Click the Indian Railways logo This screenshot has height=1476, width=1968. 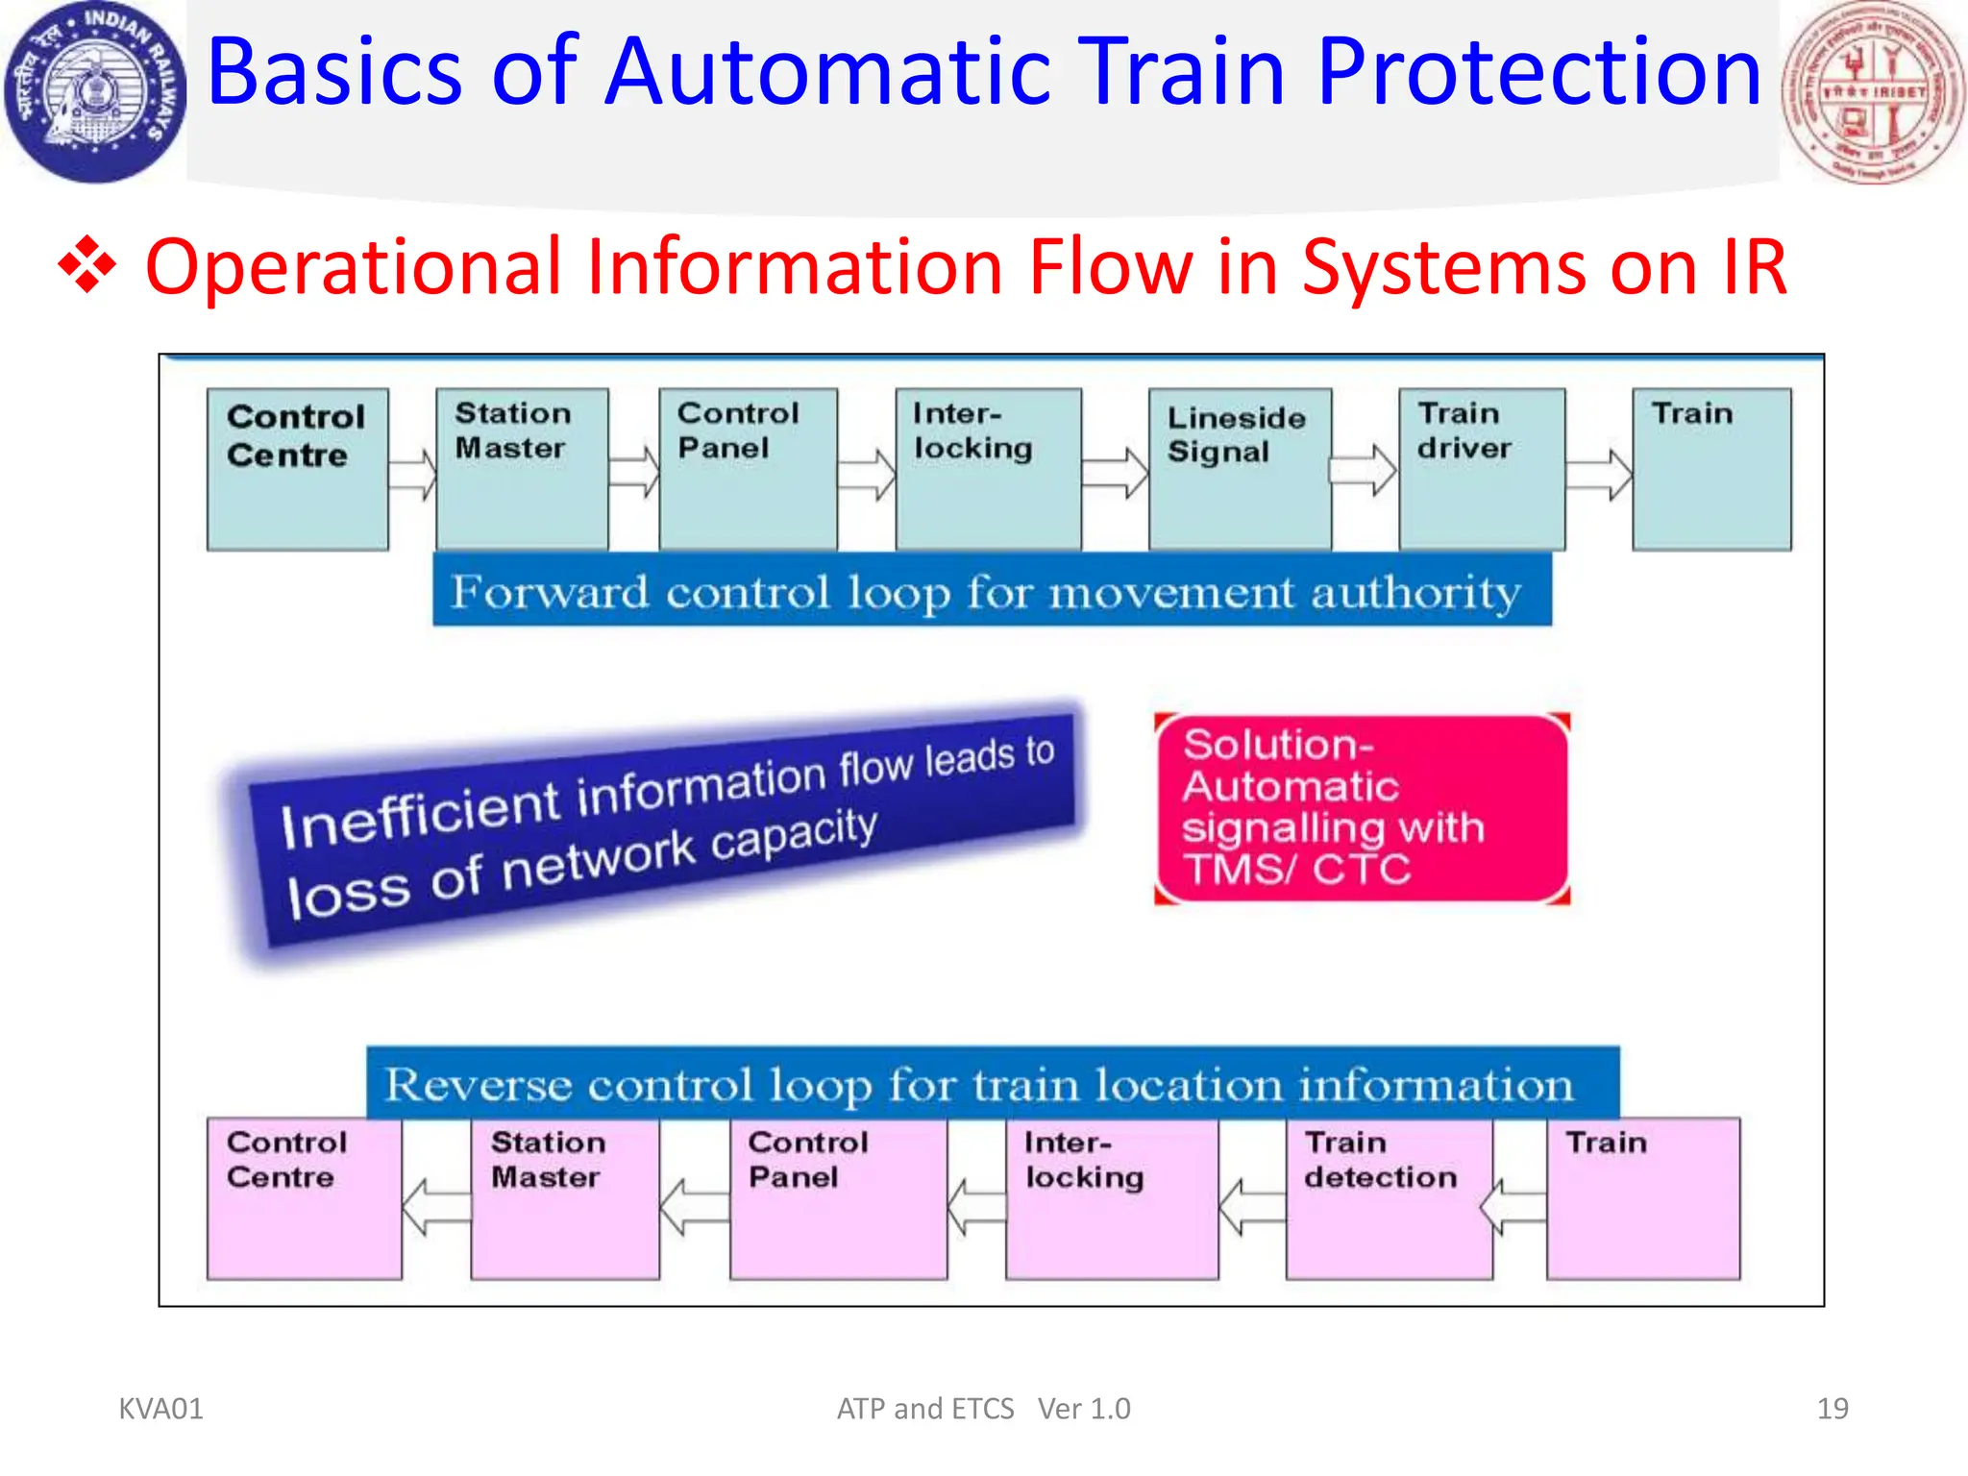click(x=94, y=92)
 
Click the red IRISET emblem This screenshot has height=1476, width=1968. click(x=1872, y=92)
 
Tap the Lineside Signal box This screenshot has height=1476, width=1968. click(x=1240, y=469)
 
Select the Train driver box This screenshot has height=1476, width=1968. click(x=1481, y=469)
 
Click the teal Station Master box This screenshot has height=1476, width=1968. click(x=522, y=469)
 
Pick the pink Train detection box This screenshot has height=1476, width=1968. click(x=1389, y=1197)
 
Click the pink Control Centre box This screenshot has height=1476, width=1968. click(x=304, y=1197)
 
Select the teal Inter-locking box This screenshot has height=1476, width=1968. click(x=988, y=469)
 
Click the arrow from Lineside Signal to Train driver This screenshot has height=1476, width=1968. click(x=1365, y=470)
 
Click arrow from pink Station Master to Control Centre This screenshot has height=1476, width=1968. click(x=437, y=1207)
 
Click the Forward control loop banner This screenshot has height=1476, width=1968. click(x=991, y=591)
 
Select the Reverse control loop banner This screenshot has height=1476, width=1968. click(x=992, y=1084)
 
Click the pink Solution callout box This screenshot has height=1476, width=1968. click(x=1361, y=808)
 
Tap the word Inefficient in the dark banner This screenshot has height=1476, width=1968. click(x=420, y=813)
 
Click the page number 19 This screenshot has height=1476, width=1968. click(x=1832, y=1408)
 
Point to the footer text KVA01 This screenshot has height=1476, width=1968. click(x=160, y=1408)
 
